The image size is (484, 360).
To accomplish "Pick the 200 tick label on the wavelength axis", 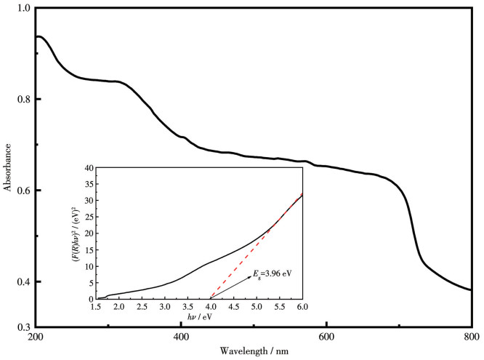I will (35, 337).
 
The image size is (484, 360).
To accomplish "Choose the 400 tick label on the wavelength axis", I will (181, 337).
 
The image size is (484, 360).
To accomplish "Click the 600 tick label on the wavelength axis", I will (326, 337).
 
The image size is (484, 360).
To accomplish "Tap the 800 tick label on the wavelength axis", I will (471, 337).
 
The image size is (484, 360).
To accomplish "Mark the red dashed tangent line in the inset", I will (247, 257).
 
